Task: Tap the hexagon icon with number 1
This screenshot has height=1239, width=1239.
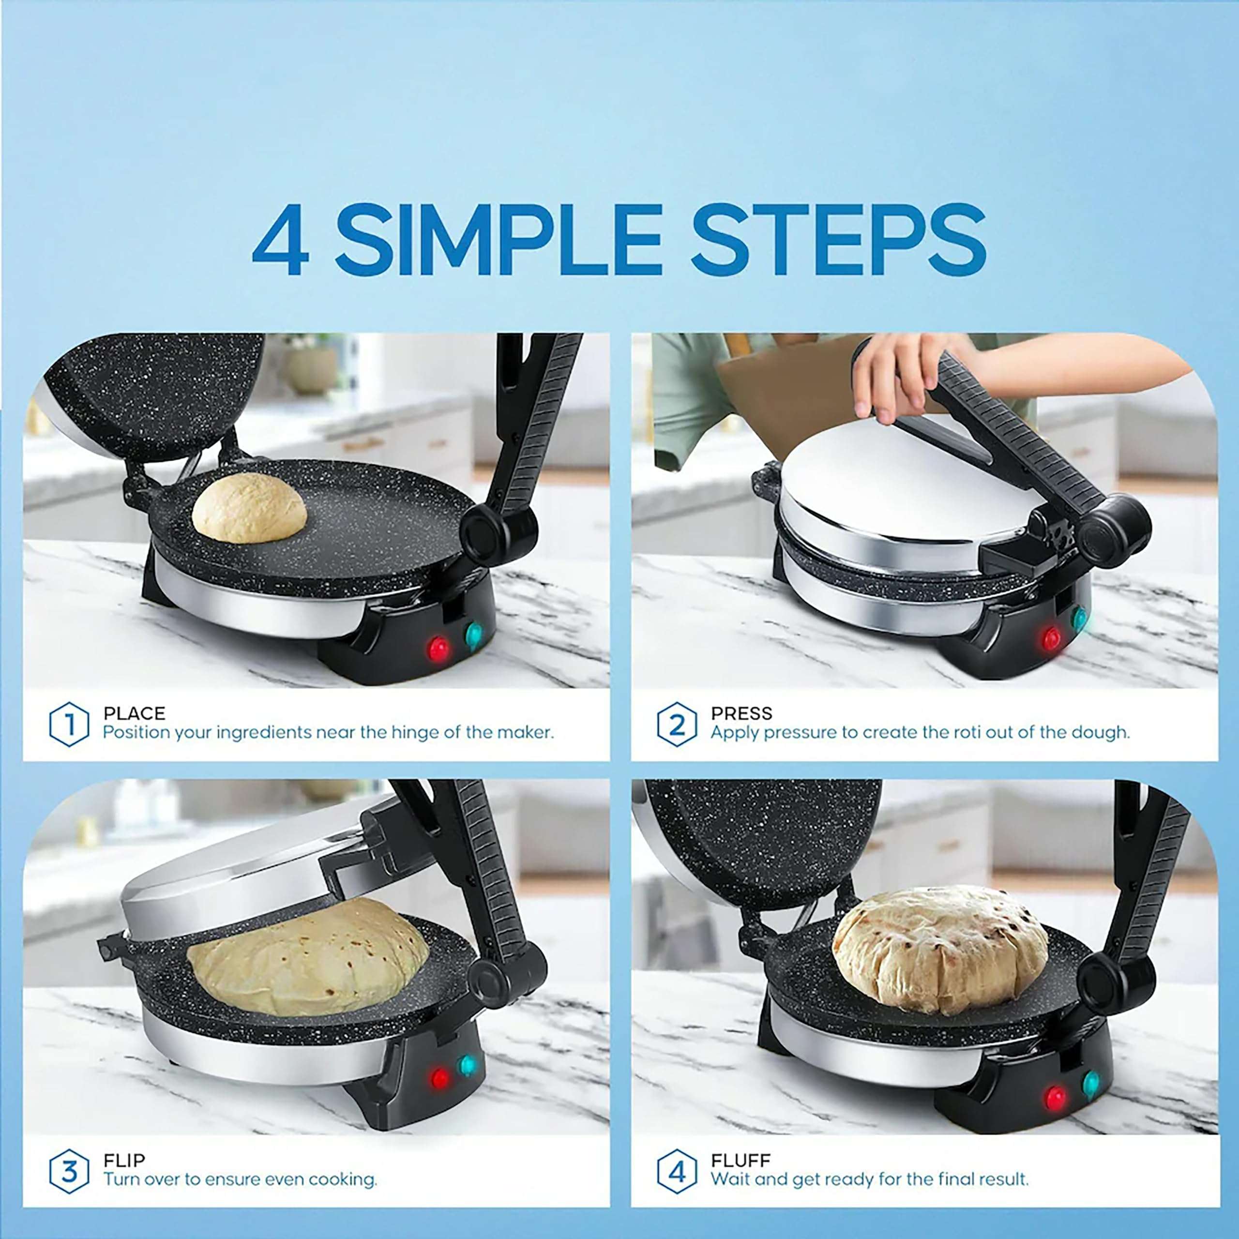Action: point(69,725)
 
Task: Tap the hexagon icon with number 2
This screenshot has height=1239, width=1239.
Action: point(677,725)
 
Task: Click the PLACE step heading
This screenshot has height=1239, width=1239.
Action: point(134,713)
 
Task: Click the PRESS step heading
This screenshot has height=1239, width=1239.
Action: point(741,713)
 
